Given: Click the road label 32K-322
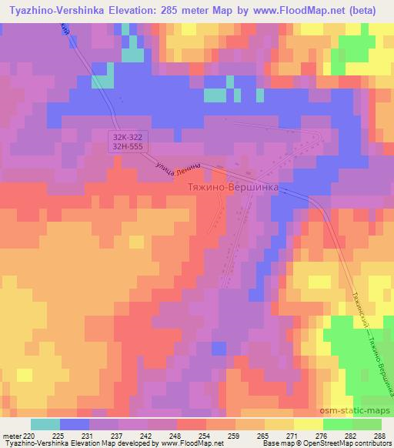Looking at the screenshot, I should click(x=125, y=136).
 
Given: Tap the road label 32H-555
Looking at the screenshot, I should click(x=125, y=146).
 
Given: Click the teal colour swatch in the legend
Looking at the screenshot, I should click(x=45, y=424).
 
